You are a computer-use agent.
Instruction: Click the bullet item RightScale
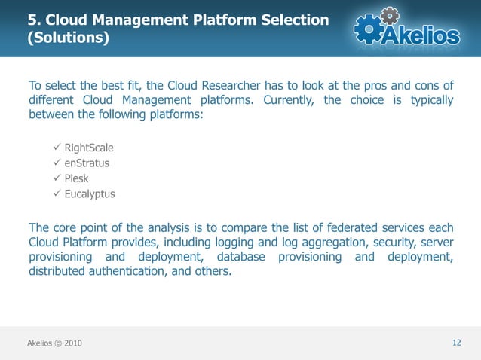coord(89,147)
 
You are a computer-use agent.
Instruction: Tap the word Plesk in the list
coord(77,178)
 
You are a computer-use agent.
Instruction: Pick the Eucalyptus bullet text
coord(90,194)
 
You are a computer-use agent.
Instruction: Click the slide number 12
coord(456,343)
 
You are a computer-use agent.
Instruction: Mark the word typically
coord(427,100)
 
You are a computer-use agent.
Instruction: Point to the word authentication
coord(124,273)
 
